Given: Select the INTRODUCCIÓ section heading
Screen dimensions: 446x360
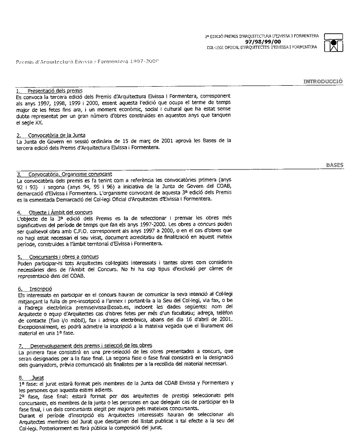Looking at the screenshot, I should click(324, 81).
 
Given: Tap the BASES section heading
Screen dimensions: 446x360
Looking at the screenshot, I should click(334, 165).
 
